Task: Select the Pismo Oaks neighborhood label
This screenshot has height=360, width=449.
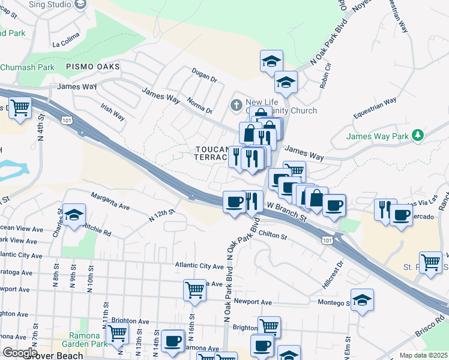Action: tap(93, 66)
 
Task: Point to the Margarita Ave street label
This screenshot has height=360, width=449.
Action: tap(110, 201)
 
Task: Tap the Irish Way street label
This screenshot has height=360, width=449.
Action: tap(113, 112)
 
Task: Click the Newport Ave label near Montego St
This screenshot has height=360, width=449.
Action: tap(253, 302)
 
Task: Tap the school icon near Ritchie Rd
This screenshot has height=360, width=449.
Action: tap(74, 215)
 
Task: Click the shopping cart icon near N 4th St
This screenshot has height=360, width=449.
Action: tap(20, 109)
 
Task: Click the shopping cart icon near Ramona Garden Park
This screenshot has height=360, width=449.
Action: tap(117, 333)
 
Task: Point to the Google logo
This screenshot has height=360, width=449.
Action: tap(20, 353)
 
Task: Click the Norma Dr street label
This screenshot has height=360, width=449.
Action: tap(199, 106)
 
